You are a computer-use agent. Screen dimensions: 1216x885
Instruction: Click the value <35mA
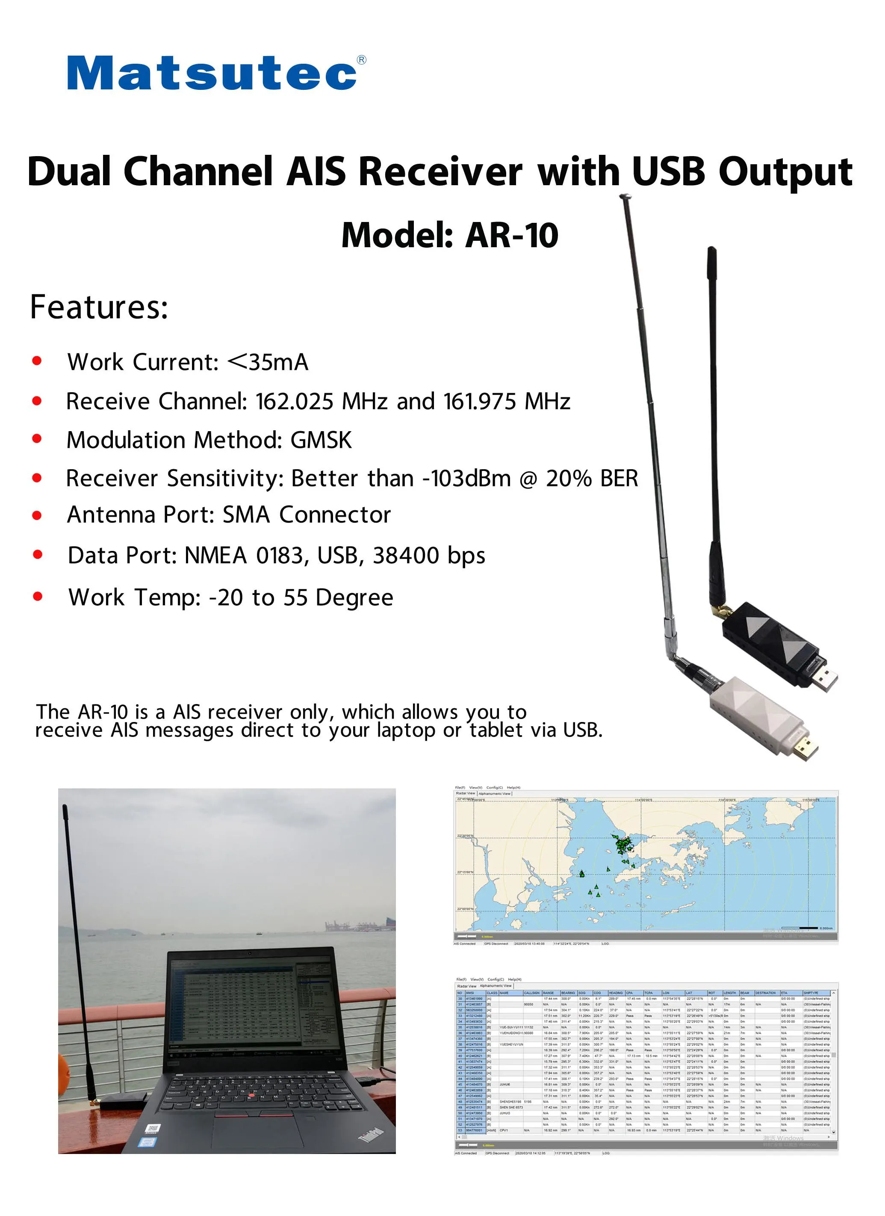pos(268,362)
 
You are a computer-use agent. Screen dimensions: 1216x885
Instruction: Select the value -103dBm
pos(466,478)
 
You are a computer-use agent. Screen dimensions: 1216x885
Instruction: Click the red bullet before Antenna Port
pos(37,515)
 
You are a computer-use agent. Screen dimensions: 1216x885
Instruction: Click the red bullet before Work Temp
pos(38,596)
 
